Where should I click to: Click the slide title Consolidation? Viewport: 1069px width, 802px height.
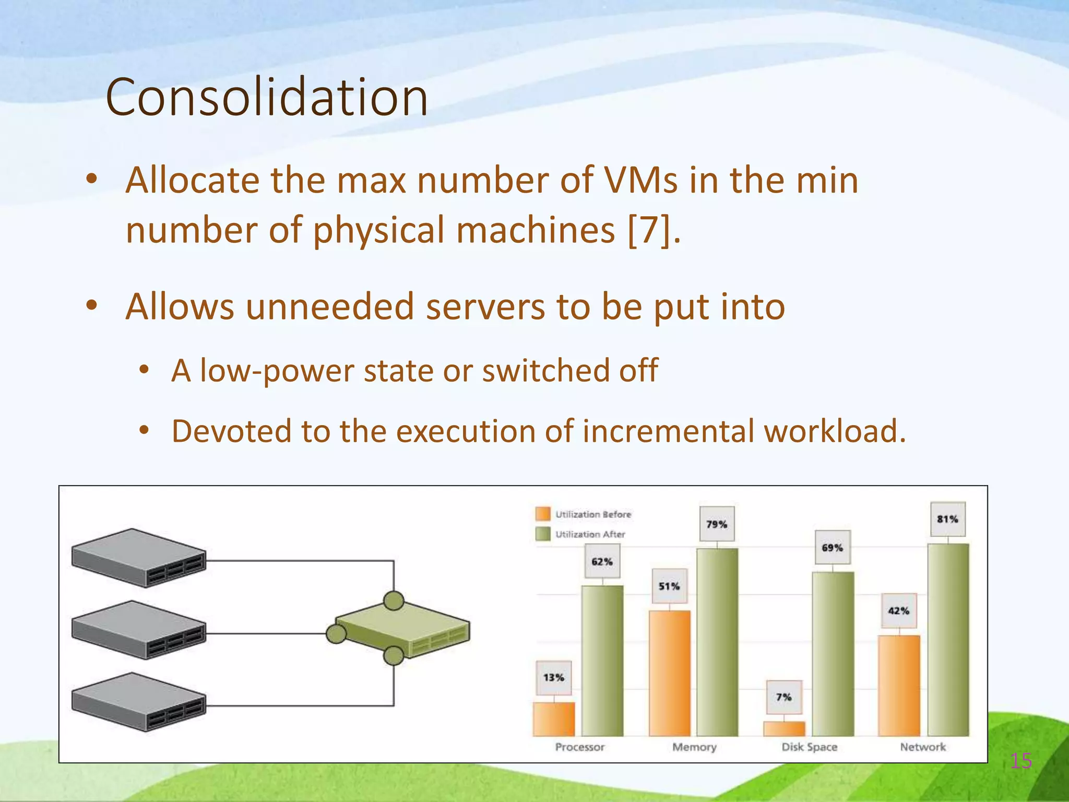click(267, 97)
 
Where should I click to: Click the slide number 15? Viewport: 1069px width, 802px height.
click(1020, 761)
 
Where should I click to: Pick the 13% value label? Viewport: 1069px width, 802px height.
click(553, 678)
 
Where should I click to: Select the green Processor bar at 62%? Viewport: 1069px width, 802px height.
click(602, 661)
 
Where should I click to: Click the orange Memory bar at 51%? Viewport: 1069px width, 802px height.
click(669, 674)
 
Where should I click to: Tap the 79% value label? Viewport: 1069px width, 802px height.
click(717, 524)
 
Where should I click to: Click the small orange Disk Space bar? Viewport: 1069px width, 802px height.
click(784, 728)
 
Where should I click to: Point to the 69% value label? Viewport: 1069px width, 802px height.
click(832, 548)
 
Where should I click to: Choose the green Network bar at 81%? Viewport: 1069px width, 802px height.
click(948, 640)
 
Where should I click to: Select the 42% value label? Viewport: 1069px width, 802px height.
click(898, 610)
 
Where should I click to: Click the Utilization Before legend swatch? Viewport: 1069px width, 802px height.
click(543, 514)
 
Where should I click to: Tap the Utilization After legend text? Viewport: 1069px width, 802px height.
click(590, 534)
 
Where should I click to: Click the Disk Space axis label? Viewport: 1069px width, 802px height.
click(809, 747)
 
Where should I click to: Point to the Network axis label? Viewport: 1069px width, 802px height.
click(922, 747)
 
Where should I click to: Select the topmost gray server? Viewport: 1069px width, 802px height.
click(139, 558)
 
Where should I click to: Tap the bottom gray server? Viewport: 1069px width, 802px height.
click(139, 702)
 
